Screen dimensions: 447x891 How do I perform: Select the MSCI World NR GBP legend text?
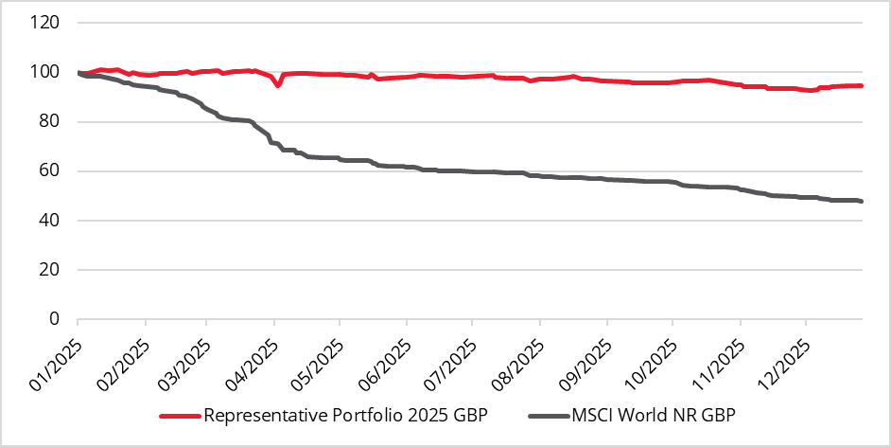[x=652, y=415]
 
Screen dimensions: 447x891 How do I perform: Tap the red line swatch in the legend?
[x=179, y=416]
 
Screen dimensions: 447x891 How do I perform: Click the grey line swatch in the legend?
[x=548, y=416]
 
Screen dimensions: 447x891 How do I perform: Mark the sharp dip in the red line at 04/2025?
[x=277, y=86]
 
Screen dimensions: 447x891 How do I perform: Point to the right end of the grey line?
[x=862, y=201]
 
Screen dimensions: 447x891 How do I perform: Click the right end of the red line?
[x=862, y=85]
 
